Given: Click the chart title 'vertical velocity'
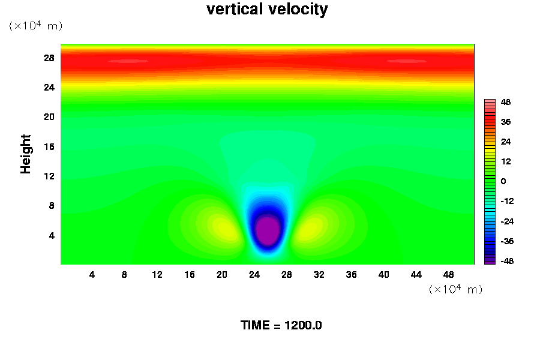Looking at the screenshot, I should point(267,10).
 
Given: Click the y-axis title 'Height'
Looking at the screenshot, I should point(26,154).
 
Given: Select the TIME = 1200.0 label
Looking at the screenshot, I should point(281,325).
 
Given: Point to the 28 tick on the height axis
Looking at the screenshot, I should point(49,58).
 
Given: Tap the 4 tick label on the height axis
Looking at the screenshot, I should point(52,235).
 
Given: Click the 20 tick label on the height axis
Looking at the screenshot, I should point(49,116).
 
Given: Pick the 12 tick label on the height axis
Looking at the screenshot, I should point(49,176).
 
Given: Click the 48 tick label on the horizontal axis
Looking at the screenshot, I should point(448,275).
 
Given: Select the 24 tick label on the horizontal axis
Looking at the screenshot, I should point(254,275).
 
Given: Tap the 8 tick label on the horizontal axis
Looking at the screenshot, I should point(125,275).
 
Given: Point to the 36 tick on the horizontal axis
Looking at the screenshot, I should point(352,275).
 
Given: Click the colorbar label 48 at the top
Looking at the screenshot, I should point(506,102).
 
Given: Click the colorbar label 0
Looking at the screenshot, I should point(503,181).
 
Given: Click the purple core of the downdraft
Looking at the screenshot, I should point(267,229).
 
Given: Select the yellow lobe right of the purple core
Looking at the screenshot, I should point(311,228).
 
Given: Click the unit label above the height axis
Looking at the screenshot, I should point(35,26).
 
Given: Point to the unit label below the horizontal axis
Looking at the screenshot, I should point(455,289).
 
